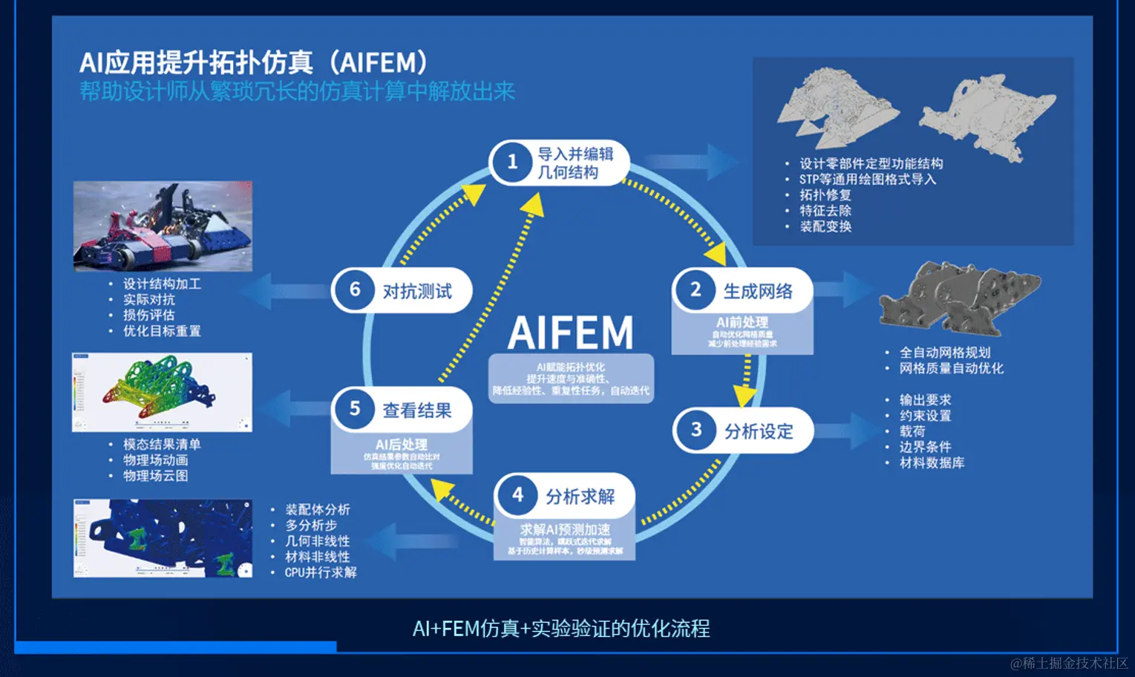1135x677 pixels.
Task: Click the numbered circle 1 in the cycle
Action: point(512,162)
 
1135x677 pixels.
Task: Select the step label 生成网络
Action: point(758,291)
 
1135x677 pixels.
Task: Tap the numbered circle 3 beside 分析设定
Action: point(696,430)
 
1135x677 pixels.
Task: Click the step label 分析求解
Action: point(580,496)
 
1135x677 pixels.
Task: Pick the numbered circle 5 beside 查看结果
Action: point(355,409)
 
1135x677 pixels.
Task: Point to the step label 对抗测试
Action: point(417,291)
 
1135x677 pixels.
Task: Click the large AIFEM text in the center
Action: point(570,333)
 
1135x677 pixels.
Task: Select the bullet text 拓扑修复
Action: point(825,194)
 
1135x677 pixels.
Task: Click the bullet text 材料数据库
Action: point(932,462)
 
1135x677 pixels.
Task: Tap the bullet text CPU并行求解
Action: point(321,572)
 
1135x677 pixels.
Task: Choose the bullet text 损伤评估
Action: point(149,315)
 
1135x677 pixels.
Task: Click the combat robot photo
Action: point(163,226)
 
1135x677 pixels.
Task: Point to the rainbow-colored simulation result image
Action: point(162,392)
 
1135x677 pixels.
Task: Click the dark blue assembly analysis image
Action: point(163,538)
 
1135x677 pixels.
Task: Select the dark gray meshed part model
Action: point(959,297)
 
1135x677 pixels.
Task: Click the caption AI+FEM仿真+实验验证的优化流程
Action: point(561,629)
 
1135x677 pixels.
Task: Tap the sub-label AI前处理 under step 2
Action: point(742,322)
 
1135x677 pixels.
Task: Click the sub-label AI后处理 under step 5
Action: point(401,444)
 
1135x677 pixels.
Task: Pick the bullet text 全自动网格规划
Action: point(945,353)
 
